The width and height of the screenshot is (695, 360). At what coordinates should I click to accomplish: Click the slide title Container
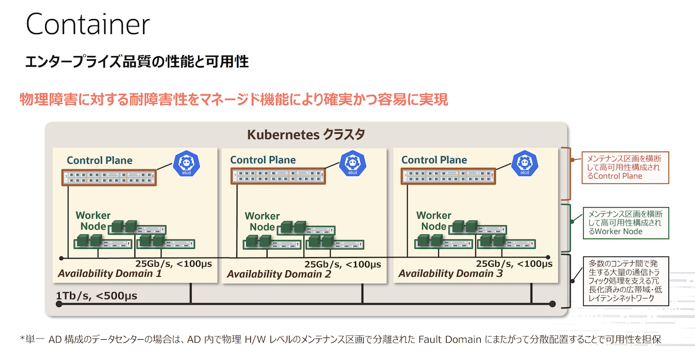(88, 24)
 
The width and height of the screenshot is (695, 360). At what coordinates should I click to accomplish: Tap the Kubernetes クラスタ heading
(306, 135)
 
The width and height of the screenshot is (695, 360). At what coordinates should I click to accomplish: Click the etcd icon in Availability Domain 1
(186, 163)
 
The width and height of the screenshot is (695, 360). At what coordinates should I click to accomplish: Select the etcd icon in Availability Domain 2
(353, 163)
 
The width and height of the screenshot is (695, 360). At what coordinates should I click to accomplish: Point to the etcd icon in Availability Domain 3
(525, 163)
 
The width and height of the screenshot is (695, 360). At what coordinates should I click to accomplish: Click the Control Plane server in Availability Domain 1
(109, 178)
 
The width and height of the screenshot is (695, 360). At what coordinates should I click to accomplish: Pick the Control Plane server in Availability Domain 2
(278, 176)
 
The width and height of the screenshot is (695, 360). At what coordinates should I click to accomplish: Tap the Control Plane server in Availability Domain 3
(448, 176)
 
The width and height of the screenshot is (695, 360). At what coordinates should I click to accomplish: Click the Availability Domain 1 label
(110, 274)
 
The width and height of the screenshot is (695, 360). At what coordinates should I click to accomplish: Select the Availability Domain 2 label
(279, 274)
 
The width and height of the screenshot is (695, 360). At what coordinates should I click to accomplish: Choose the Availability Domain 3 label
(451, 274)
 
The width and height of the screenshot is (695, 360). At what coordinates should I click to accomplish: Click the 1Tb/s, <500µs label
(97, 296)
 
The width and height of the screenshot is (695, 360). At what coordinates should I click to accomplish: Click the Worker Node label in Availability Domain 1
(93, 221)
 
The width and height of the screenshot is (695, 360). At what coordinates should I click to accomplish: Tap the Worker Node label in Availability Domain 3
(434, 221)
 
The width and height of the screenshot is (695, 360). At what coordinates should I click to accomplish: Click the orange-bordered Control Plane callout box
(625, 167)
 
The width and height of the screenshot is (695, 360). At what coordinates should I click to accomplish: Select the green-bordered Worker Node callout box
(626, 223)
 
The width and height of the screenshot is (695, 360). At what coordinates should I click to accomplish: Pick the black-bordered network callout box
(626, 281)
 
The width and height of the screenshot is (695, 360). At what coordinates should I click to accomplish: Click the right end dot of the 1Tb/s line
(553, 304)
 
